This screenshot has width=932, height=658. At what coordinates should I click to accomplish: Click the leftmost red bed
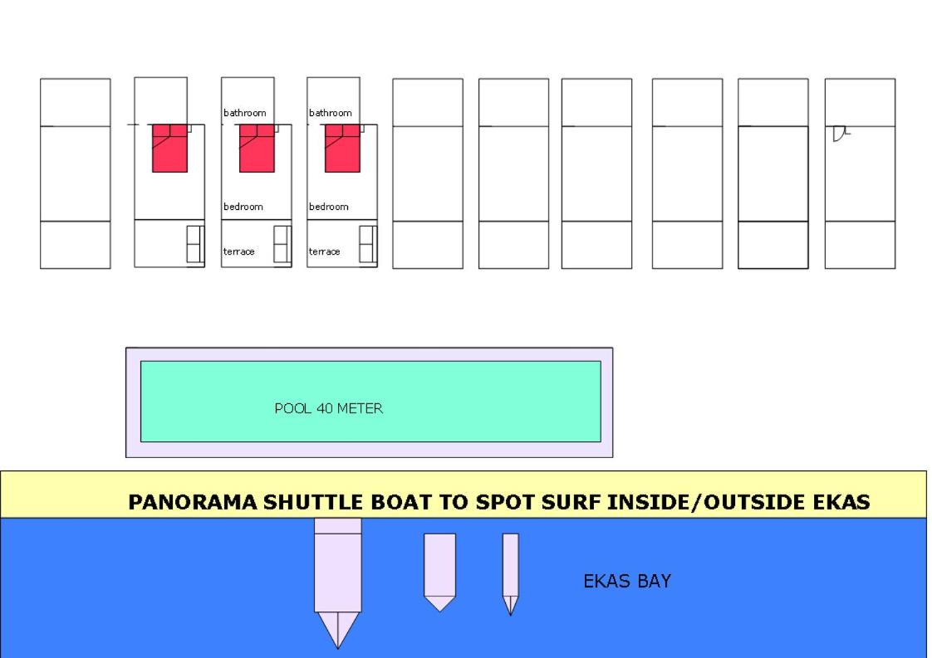point(170,148)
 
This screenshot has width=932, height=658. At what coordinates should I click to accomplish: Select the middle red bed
point(257,148)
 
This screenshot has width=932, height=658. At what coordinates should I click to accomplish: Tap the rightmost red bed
point(342,148)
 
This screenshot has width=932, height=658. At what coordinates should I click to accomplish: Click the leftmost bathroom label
point(245,113)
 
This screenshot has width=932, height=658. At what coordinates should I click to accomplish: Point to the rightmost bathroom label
point(331,113)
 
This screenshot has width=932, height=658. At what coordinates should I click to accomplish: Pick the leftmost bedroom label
point(243,207)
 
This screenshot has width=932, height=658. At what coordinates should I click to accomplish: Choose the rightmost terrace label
point(325,251)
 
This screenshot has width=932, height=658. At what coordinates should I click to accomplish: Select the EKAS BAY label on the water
point(627,581)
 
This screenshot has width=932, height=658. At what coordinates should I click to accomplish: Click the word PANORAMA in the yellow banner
point(194,502)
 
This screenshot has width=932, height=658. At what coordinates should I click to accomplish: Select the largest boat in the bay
point(337,576)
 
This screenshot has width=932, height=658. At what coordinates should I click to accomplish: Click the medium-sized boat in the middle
point(440,570)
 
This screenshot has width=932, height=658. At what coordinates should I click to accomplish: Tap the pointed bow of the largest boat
point(337,648)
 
